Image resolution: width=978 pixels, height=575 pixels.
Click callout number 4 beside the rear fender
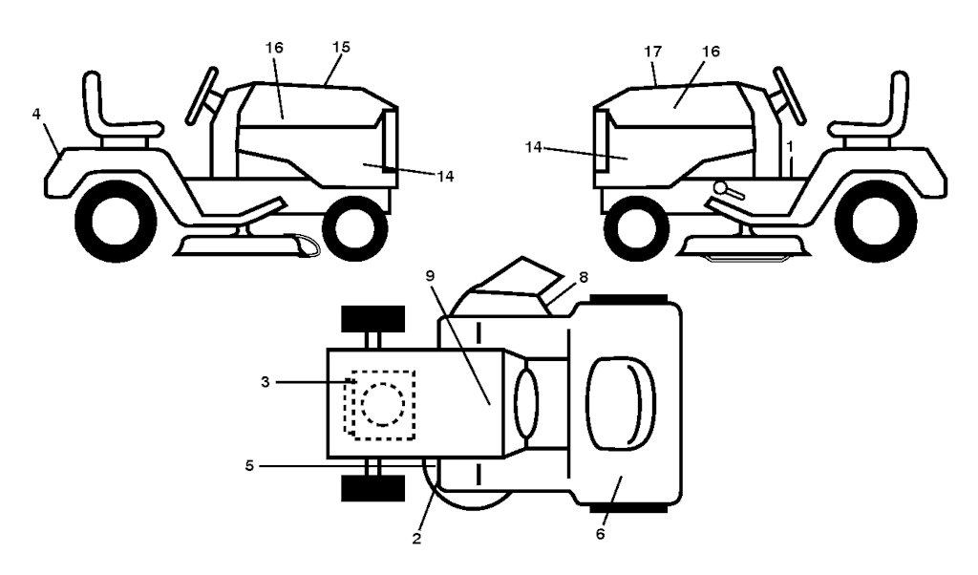36,114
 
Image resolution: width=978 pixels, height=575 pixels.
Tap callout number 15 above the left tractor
341,47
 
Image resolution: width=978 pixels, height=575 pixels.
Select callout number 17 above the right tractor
653,52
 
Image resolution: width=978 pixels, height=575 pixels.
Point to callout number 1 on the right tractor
790,147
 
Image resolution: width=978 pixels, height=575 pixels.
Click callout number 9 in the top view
430,276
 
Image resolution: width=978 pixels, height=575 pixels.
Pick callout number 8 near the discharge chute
584,278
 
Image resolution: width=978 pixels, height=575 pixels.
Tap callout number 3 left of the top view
266,382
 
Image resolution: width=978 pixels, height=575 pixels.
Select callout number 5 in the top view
249,466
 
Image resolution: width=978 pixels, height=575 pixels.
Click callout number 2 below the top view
416,538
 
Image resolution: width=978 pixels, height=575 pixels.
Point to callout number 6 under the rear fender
600,535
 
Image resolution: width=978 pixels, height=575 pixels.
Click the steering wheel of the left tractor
202,96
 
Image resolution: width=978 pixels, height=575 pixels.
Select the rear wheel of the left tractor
116,221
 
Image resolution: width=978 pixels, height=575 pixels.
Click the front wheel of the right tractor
636,227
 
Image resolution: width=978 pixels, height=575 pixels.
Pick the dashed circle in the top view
383,404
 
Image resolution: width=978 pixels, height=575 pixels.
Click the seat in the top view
621,404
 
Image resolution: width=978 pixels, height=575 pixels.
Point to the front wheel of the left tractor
355,227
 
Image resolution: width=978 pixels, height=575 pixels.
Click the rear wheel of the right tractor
877,221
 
